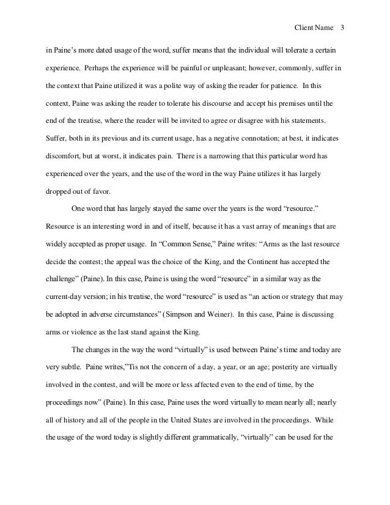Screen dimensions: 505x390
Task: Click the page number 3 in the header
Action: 342,28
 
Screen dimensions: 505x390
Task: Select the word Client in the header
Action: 304,28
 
